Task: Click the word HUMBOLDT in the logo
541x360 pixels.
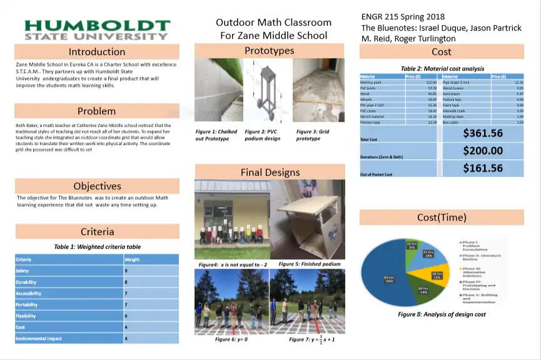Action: click(97, 26)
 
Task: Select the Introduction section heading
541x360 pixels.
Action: click(97, 52)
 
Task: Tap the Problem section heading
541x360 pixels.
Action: click(96, 111)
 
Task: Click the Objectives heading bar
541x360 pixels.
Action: click(97, 186)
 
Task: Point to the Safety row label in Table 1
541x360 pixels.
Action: click(23, 271)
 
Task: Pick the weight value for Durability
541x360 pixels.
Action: click(126, 282)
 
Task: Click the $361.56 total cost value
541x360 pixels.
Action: click(482, 132)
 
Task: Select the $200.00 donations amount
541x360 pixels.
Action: click(482, 151)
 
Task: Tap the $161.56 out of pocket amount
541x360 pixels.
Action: click(482, 168)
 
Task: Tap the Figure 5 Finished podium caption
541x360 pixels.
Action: click(310, 264)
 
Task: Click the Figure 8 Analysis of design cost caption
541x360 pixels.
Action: click(442, 314)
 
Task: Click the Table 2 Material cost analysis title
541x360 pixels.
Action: click(442, 69)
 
